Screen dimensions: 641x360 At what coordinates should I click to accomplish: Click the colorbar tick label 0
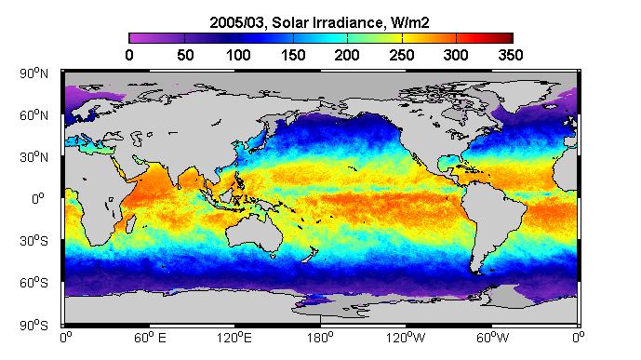[x=129, y=55]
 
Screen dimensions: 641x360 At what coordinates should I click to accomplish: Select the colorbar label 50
[x=185, y=55]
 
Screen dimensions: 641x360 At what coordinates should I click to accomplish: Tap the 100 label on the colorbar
[x=238, y=55]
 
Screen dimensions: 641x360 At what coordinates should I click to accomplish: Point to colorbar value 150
[x=293, y=55]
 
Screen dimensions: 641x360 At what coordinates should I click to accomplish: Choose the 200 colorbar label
[x=347, y=55]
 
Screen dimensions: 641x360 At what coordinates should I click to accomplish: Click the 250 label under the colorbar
[x=402, y=55]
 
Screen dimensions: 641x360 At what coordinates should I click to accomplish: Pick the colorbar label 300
[x=456, y=55]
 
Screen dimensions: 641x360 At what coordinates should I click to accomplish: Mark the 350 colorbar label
[x=511, y=55]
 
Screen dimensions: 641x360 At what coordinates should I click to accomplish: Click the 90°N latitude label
[x=33, y=73]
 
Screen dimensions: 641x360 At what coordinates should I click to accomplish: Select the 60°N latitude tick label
[x=33, y=115]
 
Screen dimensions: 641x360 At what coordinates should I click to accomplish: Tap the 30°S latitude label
[x=33, y=241]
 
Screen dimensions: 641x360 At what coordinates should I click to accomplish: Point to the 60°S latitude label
[x=33, y=283]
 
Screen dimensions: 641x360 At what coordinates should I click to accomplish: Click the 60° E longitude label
[x=150, y=338]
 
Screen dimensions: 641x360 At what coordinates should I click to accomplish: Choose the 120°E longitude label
[x=234, y=338]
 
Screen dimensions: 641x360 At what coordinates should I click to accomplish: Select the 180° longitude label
[x=321, y=338]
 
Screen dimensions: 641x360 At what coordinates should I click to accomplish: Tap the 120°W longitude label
[x=406, y=338]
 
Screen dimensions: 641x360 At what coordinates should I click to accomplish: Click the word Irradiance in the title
[x=348, y=23]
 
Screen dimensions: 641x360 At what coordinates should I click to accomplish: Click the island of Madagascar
[x=130, y=224]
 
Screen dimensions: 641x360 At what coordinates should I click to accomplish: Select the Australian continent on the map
[x=254, y=232]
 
